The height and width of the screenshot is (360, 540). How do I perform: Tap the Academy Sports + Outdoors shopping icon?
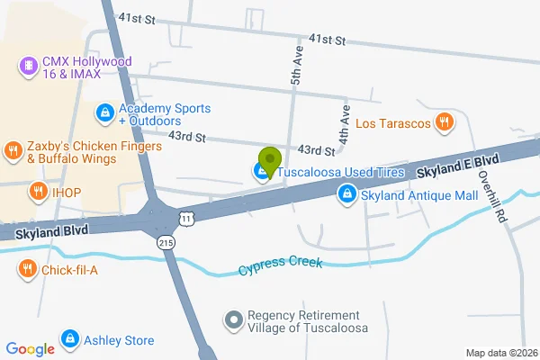click(104, 112)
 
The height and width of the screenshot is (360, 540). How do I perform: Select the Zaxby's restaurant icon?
click(13, 150)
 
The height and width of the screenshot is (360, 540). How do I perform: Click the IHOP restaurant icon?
click(38, 191)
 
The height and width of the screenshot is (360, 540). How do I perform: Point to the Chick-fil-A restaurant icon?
click(28, 267)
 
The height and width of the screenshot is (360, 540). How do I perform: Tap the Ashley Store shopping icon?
click(68, 339)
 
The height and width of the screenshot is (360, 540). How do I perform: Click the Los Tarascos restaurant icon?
click(443, 123)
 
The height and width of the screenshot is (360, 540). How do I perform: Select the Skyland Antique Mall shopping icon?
click(346, 193)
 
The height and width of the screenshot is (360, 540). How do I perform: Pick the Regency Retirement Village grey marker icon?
click(233, 320)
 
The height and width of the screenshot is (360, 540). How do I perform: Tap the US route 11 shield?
click(184, 219)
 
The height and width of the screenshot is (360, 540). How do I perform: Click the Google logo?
click(30, 349)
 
